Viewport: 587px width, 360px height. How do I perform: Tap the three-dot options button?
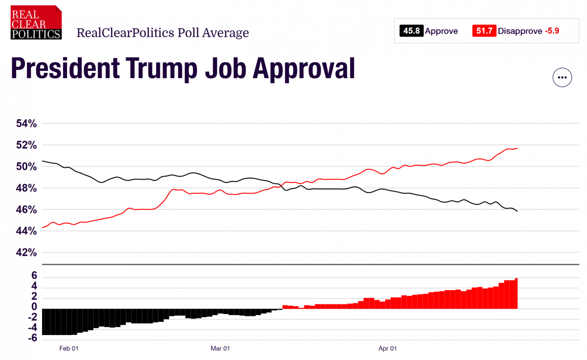tap(562, 77)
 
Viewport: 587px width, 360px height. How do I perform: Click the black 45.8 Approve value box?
tap(411, 31)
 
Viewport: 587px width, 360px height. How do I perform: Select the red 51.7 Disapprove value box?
tap(484, 31)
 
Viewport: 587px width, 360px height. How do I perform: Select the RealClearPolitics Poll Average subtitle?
tap(162, 33)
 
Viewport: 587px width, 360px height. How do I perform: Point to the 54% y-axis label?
tap(26, 124)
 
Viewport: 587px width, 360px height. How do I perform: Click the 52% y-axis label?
tap(26, 145)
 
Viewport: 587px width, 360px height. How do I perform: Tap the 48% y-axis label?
tap(26, 188)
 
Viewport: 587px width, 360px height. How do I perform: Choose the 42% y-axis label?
tap(26, 253)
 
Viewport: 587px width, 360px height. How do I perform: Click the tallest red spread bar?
tap(516, 293)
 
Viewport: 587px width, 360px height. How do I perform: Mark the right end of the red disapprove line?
tap(518, 148)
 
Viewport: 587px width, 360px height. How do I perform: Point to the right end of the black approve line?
tap(518, 211)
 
